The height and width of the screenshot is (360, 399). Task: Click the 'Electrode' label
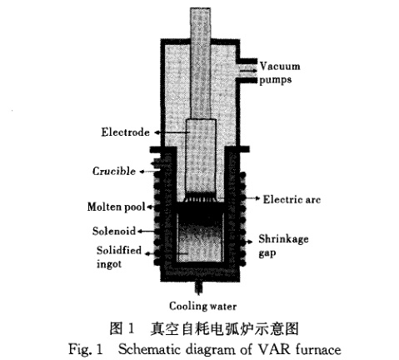pyautogui.click(x=125, y=132)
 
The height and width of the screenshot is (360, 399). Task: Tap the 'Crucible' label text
pyautogui.click(x=114, y=171)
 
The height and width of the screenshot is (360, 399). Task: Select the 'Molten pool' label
pyautogui.click(x=117, y=207)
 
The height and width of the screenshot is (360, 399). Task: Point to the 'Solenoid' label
pyautogui.click(x=114, y=231)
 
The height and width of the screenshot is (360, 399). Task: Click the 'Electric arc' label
pyautogui.click(x=292, y=199)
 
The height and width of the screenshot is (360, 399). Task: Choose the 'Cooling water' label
pyautogui.click(x=203, y=306)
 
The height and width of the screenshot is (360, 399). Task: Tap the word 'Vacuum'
pyautogui.click(x=280, y=66)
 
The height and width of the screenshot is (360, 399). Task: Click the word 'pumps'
pyautogui.click(x=276, y=80)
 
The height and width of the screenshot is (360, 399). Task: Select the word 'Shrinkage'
pyautogui.click(x=283, y=239)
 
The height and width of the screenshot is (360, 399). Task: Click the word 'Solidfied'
pyautogui.click(x=119, y=251)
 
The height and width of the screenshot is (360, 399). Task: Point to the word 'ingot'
pyautogui.click(x=109, y=263)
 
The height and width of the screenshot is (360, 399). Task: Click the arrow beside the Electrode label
pyautogui.click(x=172, y=132)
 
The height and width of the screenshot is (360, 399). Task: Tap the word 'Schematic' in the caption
pyautogui.click(x=150, y=349)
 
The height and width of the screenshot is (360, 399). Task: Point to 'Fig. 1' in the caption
pyautogui.click(x=86, y=349)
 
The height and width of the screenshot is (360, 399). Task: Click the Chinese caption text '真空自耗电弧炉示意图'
pyautogui.click(x=224, y=328)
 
